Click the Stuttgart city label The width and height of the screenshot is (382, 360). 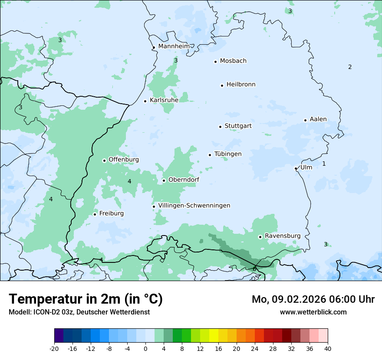click(x=238, y=126)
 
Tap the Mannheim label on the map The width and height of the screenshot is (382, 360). click(x=174, y=46)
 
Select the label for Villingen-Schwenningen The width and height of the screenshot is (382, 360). click(x=194, y=206)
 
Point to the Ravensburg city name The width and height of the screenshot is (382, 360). click(x=283, y=236)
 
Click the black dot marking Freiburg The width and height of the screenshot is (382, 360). click(x=95, y=214)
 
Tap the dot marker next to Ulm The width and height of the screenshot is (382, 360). click(x=296, y=168)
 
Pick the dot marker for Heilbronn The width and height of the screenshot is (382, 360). click(x=222, y=85)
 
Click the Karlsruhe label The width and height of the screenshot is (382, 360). click(x=164, y=100)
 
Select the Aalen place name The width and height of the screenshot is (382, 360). click(x=318, y=119)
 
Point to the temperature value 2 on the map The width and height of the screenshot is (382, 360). click(x=350, y=67)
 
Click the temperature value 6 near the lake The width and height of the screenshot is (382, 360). click(x=254, y=269)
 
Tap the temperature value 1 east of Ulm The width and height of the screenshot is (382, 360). click(x=324, y=164)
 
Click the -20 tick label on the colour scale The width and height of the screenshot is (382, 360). click(x=54, y=349)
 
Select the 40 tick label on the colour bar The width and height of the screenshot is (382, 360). click(x=328, y=349)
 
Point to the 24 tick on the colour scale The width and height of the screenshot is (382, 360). click(x=255, y=349)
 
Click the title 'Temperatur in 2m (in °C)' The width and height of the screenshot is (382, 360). click(x=86, y=299)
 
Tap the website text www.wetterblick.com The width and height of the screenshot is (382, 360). click(x=313, y=312)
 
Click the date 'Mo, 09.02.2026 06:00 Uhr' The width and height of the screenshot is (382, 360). click(x=313, y=299)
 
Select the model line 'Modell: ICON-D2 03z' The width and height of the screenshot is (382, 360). click(x=79, y=312)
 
